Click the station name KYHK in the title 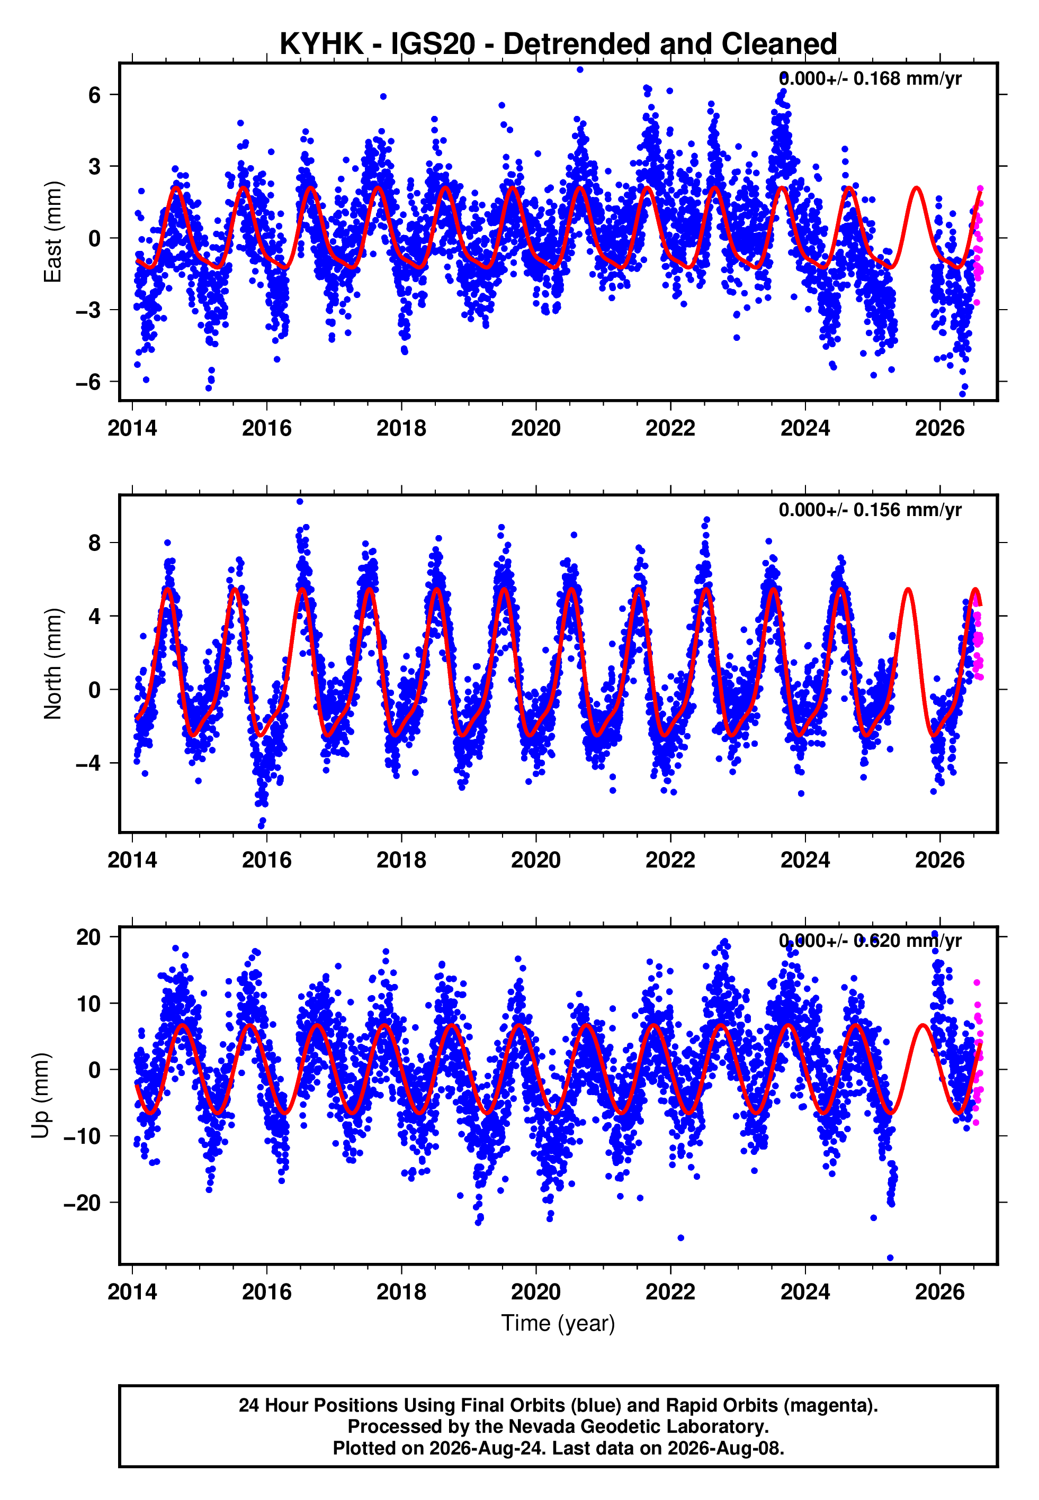point(321,44)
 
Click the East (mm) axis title point(53,232)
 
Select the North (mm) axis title point(53,664)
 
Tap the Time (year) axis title point(558,1324)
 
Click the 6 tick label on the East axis point(95,95)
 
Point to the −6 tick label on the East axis point(88,382)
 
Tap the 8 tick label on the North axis point(95,543)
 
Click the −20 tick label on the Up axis point(82,1203)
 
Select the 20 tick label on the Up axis point(88,937)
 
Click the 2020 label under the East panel point(536,429)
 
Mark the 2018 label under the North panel point(401,860)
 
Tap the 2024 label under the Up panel point(805,1291)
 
